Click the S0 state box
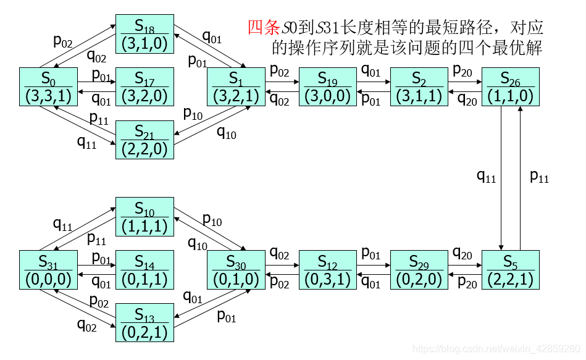coord(48,87)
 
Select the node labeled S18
coord(145,35)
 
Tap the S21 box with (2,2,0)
coord(145,140)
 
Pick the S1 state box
coord(236,87)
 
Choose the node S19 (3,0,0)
coord(327,87)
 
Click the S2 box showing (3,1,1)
coord(419,87)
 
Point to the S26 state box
coord(510,87)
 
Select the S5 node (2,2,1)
coord(510,270)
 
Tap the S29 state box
coord(419,270)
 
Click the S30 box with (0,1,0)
coord(236,270)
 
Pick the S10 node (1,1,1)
coord(145,217)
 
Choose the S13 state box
coord(145,322)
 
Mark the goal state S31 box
coord(48,270)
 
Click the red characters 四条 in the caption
coord(264,28)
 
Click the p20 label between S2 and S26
coord(463,70)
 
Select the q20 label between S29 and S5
coord(463,253)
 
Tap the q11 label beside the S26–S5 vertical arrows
coord(486,177)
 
